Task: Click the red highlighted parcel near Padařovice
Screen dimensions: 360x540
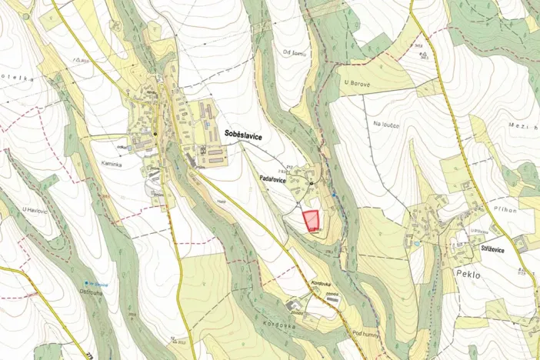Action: [x=312, y=221]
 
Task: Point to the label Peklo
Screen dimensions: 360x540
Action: [x=468, y=274]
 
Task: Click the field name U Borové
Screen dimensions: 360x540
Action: [x=358, y=81]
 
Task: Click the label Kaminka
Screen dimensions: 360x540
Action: [x=113, y=164]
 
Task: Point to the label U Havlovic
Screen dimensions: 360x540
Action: [x=36, y=210]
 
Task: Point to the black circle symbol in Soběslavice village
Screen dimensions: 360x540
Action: [x=155, y=133]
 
